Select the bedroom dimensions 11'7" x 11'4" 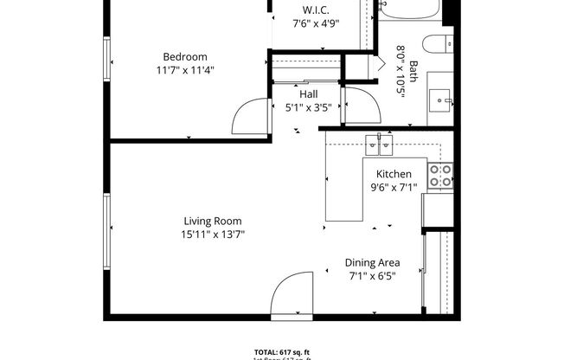point(184,70)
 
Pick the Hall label point(308,94)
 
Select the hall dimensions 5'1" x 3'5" point(309,107)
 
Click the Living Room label point(212,221)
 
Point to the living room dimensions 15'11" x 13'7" point(212,234)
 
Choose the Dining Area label point(372,263)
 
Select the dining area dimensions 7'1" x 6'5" point(372,276)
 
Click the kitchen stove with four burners point(440,176)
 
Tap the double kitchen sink point(378,145)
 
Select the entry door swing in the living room point(290,294)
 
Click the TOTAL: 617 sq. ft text point(281,351)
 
